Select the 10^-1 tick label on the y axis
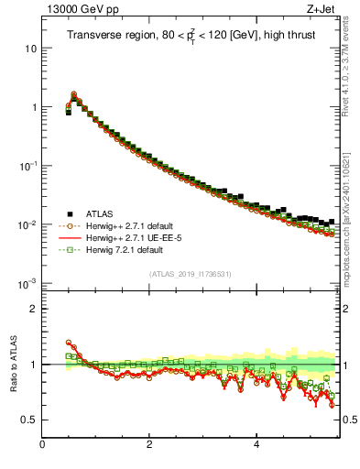[x=27, y=166]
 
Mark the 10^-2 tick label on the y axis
[x=27, y=224]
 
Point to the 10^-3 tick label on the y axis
[x=27, y=283]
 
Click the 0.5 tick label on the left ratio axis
[x=27, y=420]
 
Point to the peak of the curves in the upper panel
[x=74, y=93]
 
